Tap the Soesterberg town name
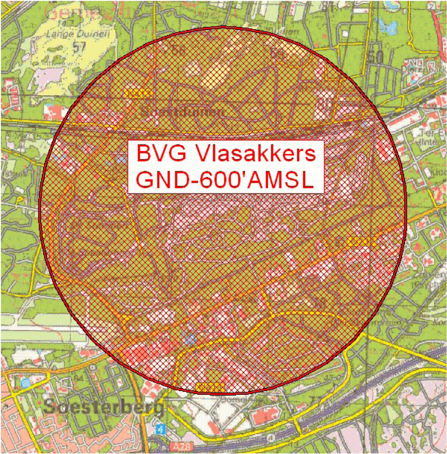tap(103, 407)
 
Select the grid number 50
tap(376, 56)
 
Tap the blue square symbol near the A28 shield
tap(161, 429)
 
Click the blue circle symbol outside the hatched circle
tap(25, 383)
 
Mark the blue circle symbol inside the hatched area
tap(190, 339)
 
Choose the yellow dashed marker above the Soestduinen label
tap(138, 93)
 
